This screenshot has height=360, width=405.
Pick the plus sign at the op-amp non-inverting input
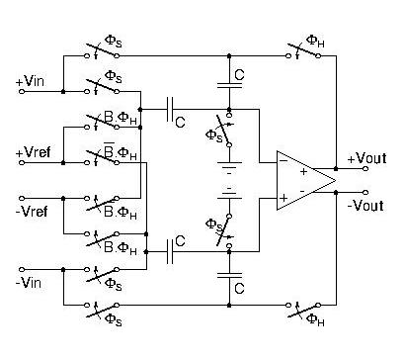tap(283, 198)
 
